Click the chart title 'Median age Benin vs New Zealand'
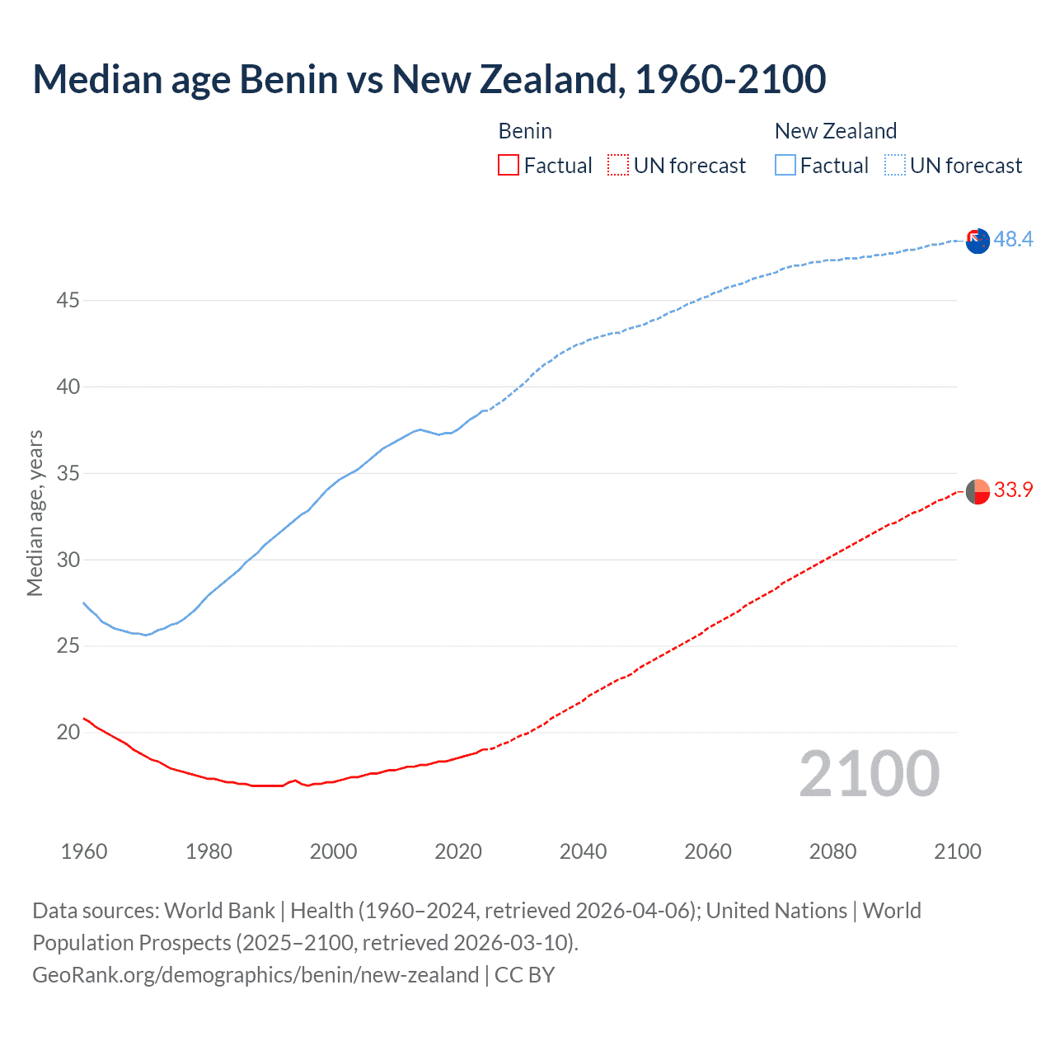(429, 79)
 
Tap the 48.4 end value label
(1013, 239)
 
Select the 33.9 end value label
(1013, 490)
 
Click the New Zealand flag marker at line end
(978, 241)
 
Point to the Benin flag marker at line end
(978, 491)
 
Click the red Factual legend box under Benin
(509, 166)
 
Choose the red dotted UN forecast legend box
(618, 166)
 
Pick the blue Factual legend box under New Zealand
(785, 166)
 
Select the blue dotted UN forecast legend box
(895, 166)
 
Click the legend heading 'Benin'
(525, 131)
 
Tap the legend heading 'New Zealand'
(835, 131)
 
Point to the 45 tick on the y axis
(68, 301)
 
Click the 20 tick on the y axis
(68, 733)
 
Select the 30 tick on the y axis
(68, 560)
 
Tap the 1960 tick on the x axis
(84, 851)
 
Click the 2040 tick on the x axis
(583, 851)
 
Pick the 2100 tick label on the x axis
(957, 851)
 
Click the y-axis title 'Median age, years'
(35, 513)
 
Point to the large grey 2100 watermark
(869, 774)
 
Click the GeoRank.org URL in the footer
(256, 975)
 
